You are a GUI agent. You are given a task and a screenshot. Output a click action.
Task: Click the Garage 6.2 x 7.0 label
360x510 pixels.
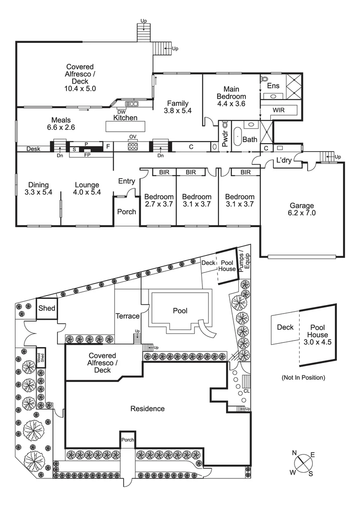302,209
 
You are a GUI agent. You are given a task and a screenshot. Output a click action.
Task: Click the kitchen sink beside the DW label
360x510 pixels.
131,103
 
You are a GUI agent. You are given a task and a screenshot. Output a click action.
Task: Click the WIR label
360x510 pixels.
278,111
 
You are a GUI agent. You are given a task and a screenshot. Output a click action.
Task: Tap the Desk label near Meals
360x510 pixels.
33,149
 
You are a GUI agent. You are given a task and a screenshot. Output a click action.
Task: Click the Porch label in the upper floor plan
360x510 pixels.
126,212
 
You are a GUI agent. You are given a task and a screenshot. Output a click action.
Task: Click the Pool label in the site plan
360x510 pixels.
180,311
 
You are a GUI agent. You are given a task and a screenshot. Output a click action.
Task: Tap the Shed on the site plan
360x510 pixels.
47,309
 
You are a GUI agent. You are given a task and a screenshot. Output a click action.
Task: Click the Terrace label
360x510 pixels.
128,316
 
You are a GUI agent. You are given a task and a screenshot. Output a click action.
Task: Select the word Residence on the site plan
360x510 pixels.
148,408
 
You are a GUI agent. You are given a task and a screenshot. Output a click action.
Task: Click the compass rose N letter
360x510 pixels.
294,453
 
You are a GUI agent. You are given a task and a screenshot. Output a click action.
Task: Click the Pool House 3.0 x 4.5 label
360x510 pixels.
320,335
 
